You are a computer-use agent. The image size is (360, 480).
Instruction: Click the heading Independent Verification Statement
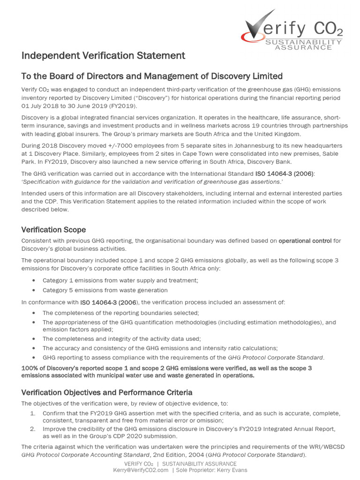(103, 56)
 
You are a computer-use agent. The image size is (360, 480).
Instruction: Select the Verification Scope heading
(53, 230)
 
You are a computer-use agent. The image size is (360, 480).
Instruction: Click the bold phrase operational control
(305, 241)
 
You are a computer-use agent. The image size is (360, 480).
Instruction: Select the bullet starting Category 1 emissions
(120, 280)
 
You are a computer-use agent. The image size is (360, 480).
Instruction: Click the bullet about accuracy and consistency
(160, 348)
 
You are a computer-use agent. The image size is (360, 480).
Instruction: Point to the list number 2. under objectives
(33, 428)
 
